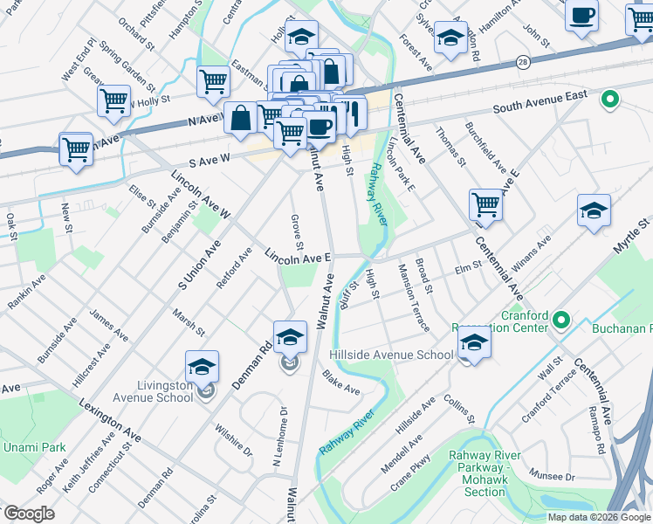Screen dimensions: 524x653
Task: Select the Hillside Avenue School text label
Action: pyautogui.click(x=391, y=355)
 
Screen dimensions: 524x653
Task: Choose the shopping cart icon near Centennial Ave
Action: pyautogui.click(x=486, y=205)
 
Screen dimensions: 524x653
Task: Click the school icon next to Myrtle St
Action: pyautogui.click(x=594, y=211)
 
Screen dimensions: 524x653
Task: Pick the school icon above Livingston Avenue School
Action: pyautogui.click(x=202, y=368)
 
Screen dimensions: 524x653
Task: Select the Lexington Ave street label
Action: pyautogui.click(x=109, y=421)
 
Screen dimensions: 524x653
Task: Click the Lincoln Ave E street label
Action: pyautogui.click(x=298, y=256)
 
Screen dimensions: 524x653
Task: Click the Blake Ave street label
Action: pyautogui.click(x=340, y=383)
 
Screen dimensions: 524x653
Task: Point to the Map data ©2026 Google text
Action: pyautogui.click(x=599, y=516)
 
